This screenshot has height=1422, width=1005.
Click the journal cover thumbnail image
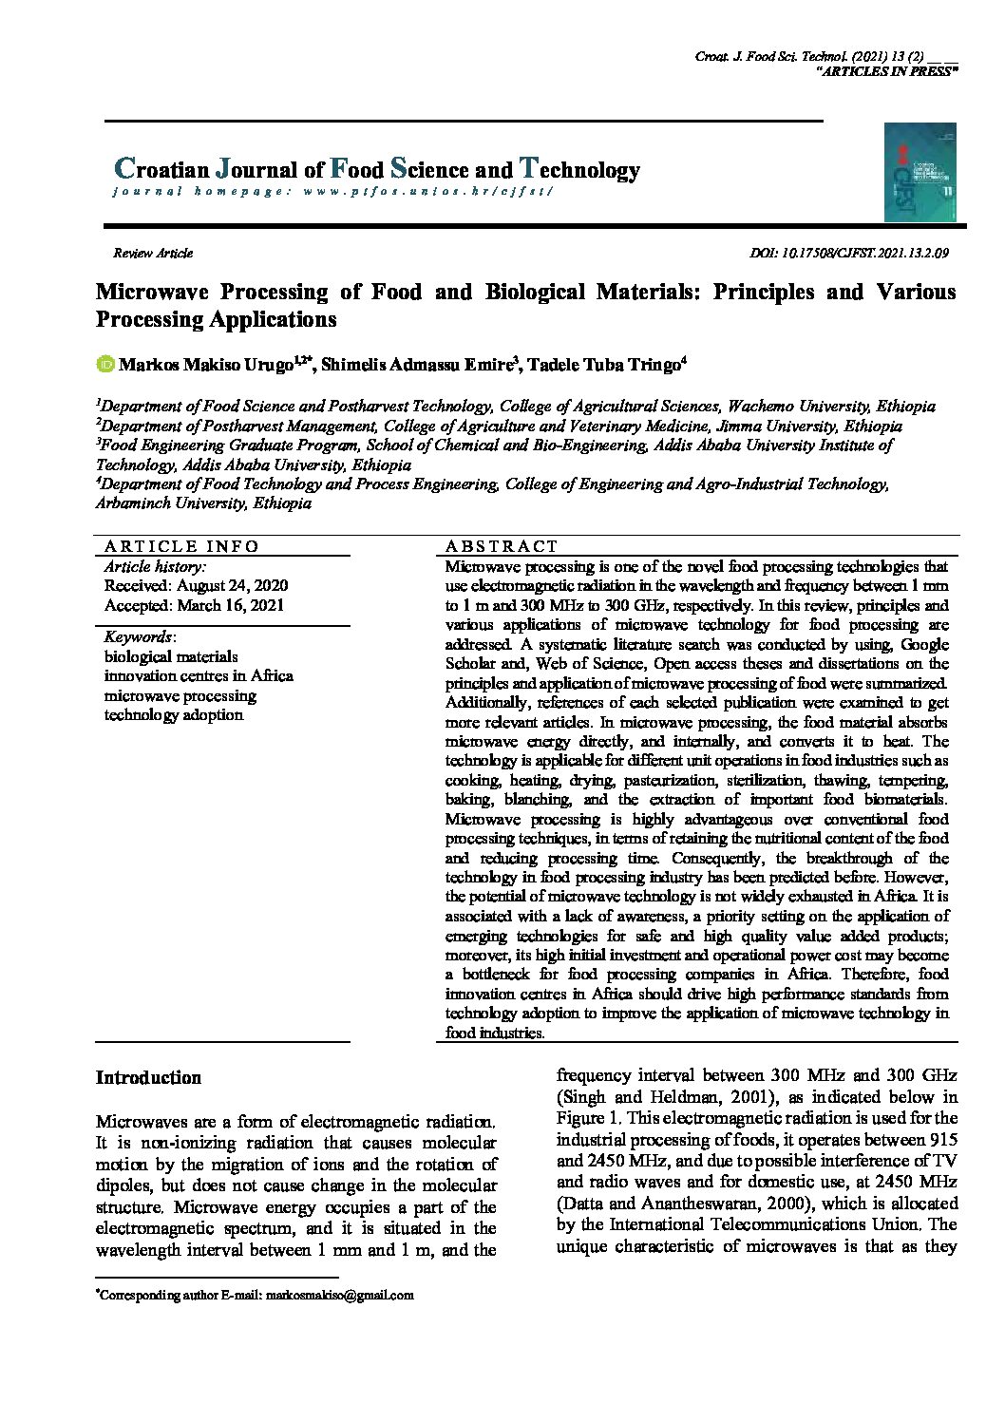pos(920,172)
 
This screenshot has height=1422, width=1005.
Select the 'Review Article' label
pos(152,254)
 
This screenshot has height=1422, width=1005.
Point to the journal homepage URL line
pos(332,192)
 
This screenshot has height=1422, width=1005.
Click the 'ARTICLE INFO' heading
pos(181,546)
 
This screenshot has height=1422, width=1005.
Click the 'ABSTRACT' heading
pos(502,546)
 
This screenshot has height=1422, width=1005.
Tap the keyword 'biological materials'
pos(171,656)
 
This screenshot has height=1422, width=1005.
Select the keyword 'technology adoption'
pos(174,715)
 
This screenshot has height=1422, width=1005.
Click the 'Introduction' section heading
pos(149,1078)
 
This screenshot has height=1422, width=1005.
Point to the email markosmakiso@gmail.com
pos(339,1295)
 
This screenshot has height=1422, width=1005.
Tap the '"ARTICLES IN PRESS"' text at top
pos(886,72)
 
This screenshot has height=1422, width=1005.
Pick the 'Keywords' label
pos(139,636)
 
